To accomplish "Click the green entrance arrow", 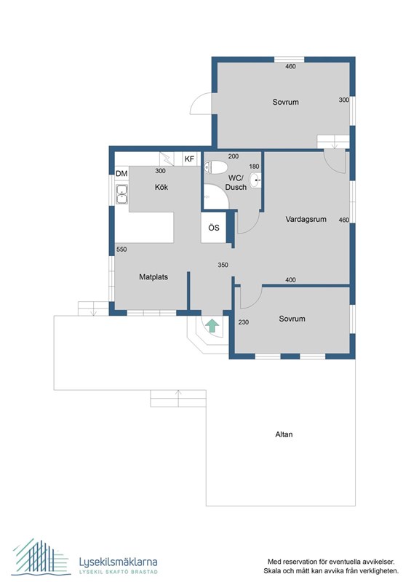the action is (x=212, y=325).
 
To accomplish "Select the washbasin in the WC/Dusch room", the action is (x=255, y=180).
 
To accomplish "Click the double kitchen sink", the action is (x=121, y=194).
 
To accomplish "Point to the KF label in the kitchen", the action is (x=189, y=159).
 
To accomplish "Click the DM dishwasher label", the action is (x=121, y=173).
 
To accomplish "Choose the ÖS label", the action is (x=214, y=228).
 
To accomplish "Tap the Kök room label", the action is (x=161, y=187).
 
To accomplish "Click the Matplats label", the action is (x=153, y=277).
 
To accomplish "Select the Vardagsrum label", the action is (x=306, y=219).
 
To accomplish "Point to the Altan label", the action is (x=284, y=434).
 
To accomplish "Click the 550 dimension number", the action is (x=121, y=250).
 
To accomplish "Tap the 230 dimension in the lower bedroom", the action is (x=244, y=322).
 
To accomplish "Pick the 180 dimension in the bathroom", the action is (x=255, y=167).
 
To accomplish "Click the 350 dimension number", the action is (x=223, y=265).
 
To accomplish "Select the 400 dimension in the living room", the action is (x=290, y=280).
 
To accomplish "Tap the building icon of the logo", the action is (x=41, y=557).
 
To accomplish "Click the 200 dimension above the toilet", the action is (x=234, y=156).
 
